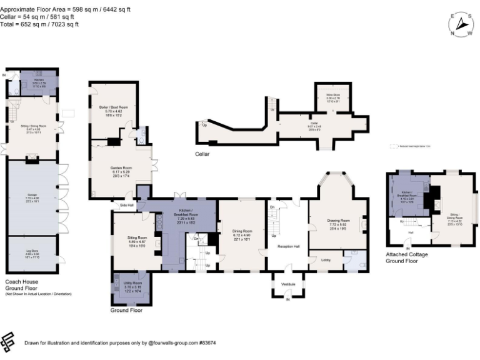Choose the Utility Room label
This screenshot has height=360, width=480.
[x=133, y=283]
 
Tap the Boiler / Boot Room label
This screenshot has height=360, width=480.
[x=113, y=107]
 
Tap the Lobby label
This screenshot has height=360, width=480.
[x=326, y=258]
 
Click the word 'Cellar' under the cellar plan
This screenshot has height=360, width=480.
[x=202, y=154]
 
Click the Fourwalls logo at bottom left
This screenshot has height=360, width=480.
[x=8, y=342]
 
